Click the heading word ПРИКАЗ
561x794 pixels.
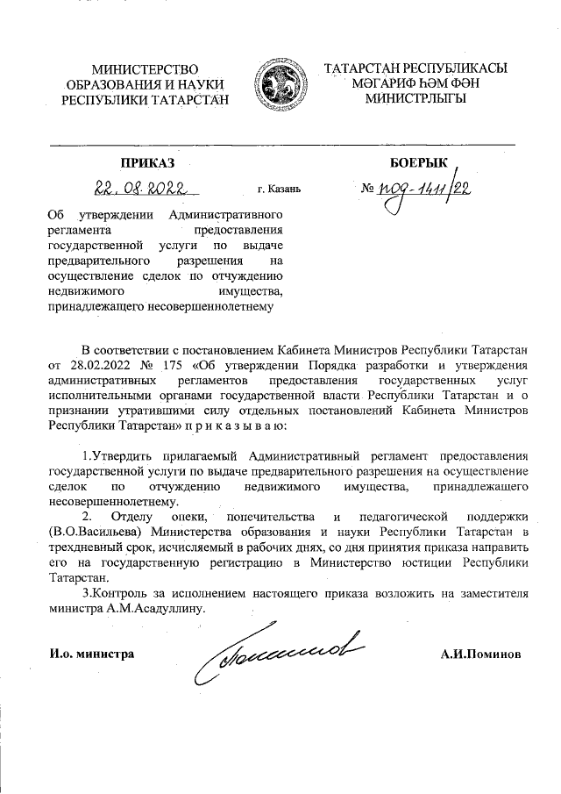(x=148, y=162)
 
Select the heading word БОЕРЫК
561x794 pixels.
(x=416, y=162)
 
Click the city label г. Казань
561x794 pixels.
(x=279, y=189)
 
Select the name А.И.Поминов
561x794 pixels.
(x=481, y=655)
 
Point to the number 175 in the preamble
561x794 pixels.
(x=171, y=364)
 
